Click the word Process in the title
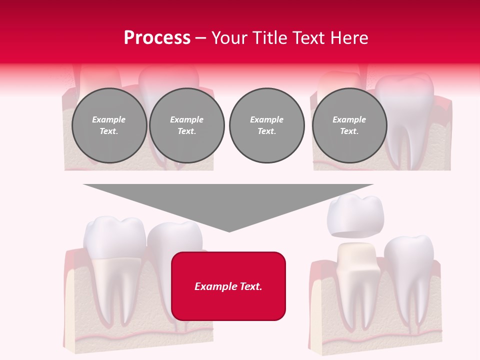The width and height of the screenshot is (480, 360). click(157, 37)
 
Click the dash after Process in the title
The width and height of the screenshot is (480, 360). click(201, 38)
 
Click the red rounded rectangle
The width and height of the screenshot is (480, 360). click(228, 286)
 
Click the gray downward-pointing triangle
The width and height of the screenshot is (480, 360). click(228, 200)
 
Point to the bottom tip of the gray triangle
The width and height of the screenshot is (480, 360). click(229, 231)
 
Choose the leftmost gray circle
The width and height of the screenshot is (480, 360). click(109, 125)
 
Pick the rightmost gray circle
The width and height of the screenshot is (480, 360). click(349, 125)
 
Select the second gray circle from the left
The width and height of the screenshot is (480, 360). click(187, 125)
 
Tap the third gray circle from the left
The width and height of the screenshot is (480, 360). click(267, 125)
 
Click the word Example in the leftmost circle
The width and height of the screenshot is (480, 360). click(109, 119)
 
